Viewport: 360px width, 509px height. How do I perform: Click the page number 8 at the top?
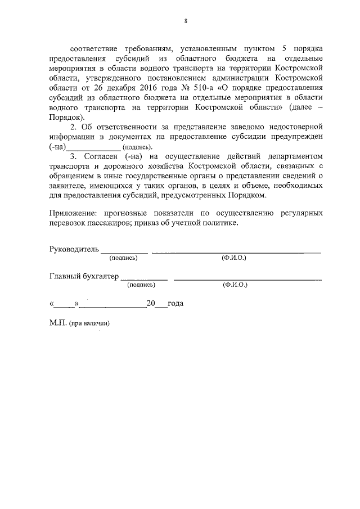pyautogui.click(x=186, y=22)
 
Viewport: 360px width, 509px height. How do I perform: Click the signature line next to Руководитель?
pyautogui.click(x=124, y=252)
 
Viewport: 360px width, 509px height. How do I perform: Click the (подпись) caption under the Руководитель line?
pyautogui.click(x=124, y=258)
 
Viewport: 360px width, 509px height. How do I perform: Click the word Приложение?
pyautogui.click(x=71, y=214)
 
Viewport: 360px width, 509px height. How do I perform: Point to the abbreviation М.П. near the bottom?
pyautogui.click(x=58, y=323)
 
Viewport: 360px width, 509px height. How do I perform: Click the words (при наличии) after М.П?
pyautogui.click(x=89, y=324)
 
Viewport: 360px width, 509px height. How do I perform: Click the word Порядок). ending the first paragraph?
pyautogui.click(x=67, y=117)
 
